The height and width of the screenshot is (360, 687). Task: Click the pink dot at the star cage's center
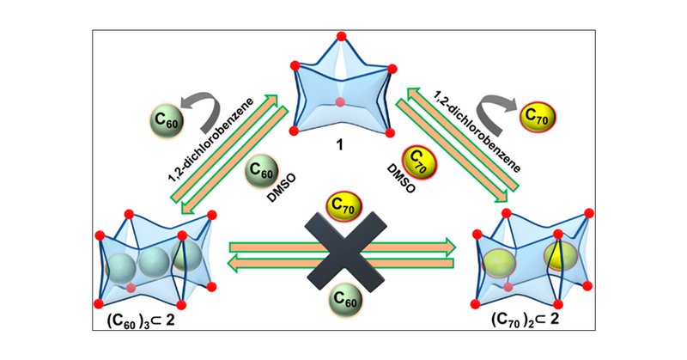coord(342,102)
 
